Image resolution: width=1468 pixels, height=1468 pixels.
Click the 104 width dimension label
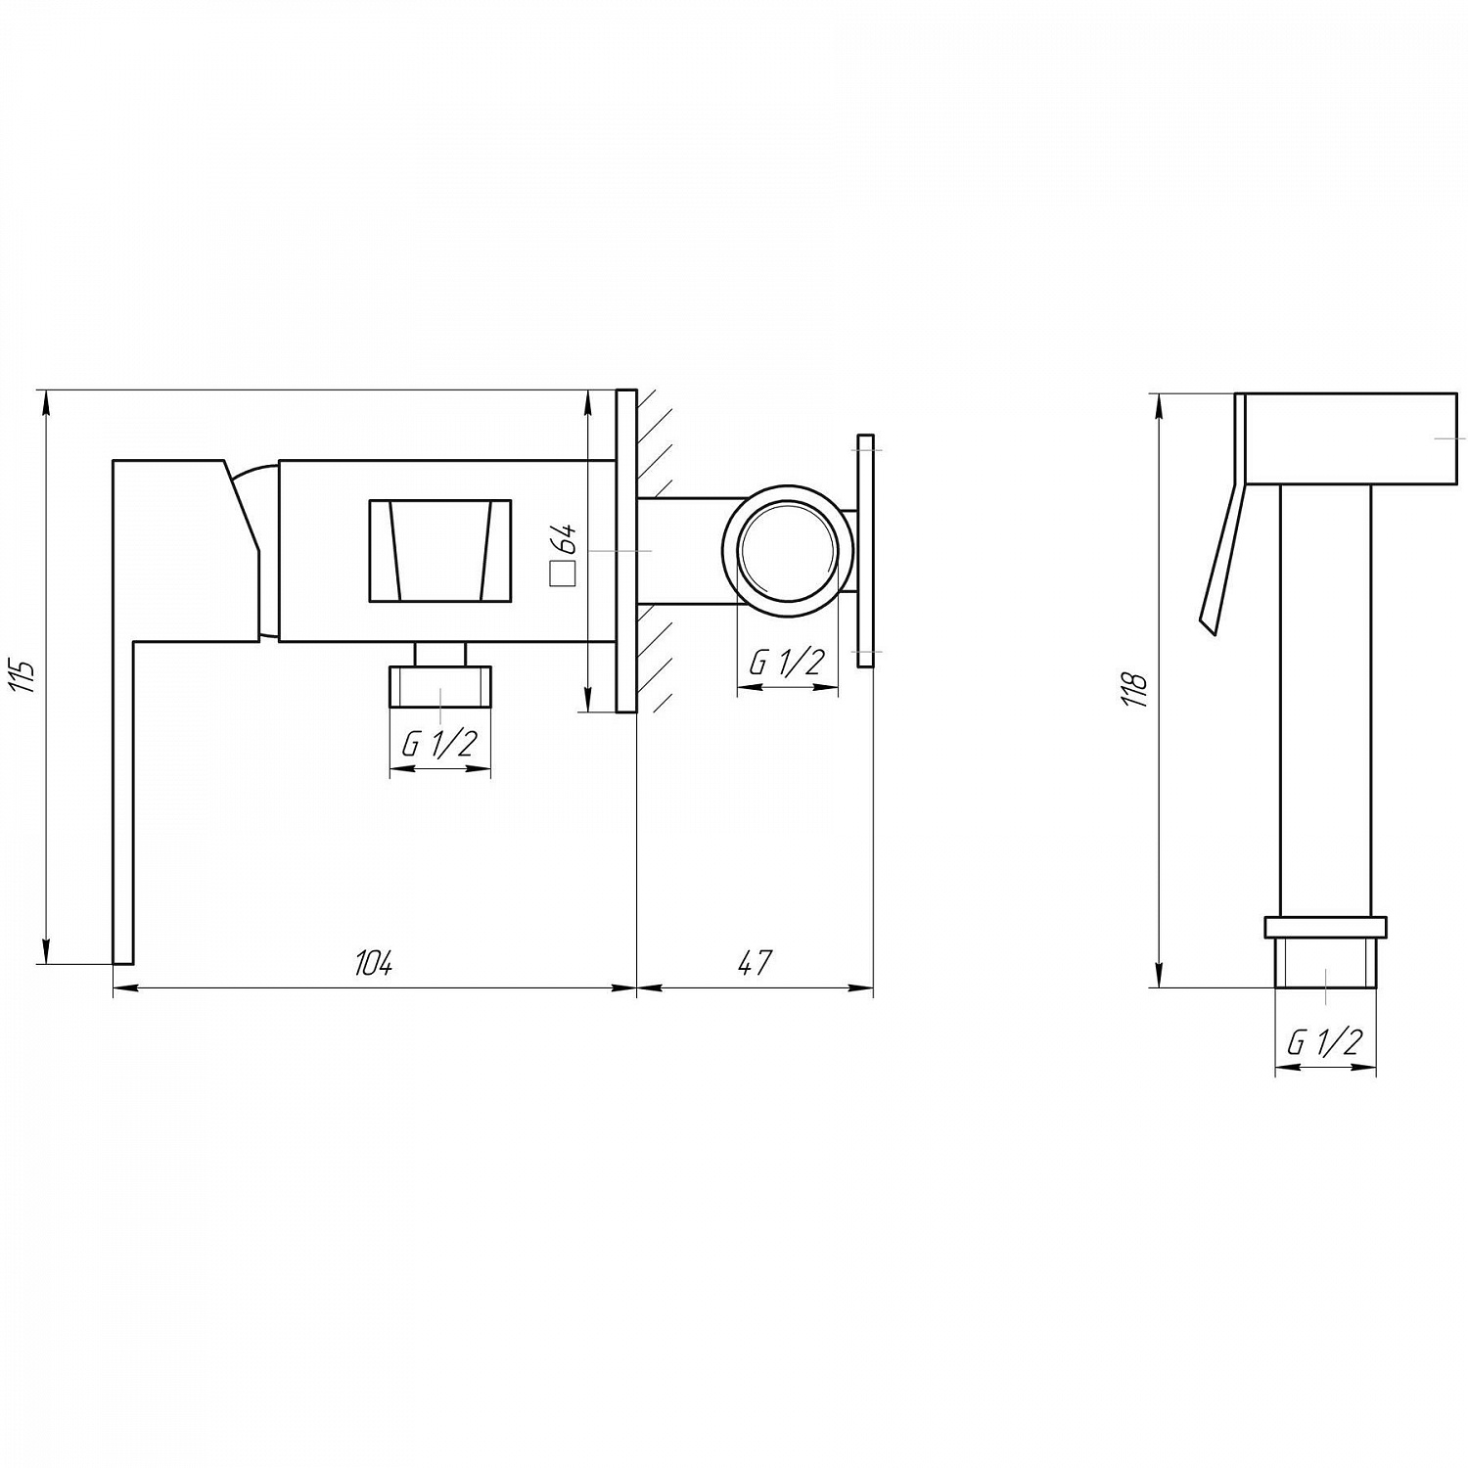[x=373, y=963]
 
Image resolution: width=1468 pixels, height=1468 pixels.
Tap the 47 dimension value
[x=755, y=963]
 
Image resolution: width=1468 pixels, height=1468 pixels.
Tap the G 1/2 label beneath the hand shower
[x=1325, y=1042]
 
